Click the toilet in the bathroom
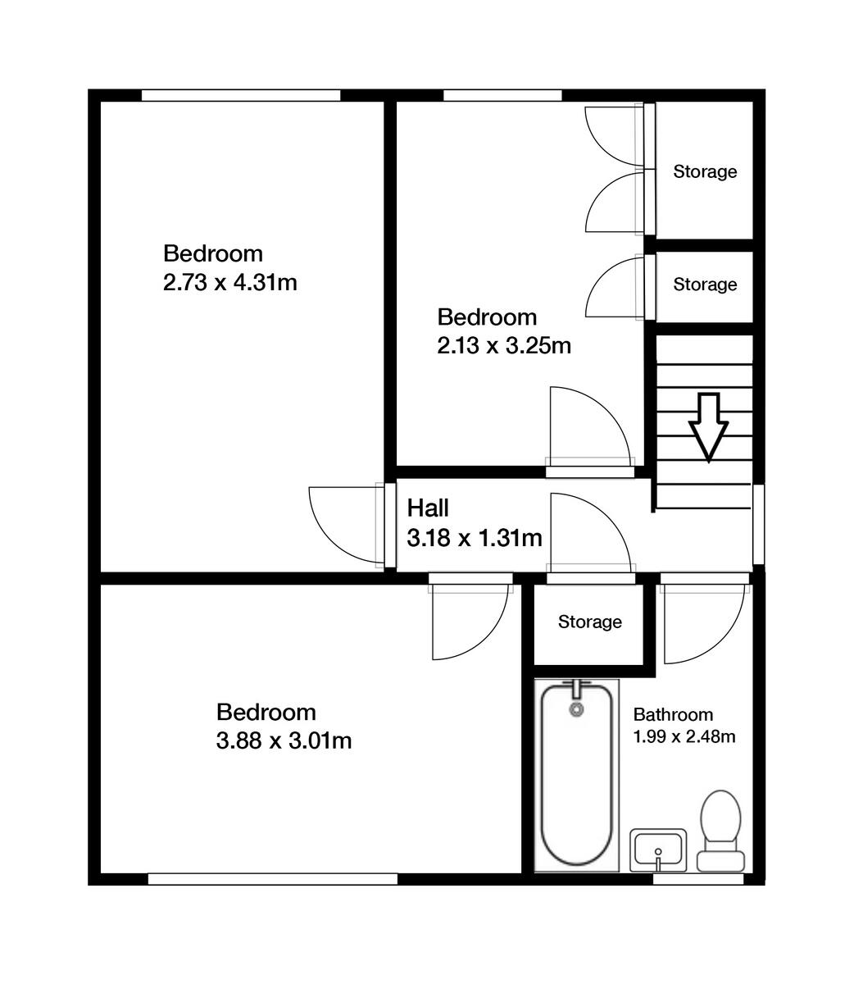[720, 828]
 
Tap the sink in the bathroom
[658, 850]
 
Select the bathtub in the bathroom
[576, 775]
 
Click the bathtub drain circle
[577, 708]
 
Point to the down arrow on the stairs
[707, 426]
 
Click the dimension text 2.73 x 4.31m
[229, 284]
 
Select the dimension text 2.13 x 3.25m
[503, 346]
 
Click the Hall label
[428, 508]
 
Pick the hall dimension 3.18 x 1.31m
[475, 538]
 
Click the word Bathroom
[673, 714]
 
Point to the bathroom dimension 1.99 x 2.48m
[684, 736]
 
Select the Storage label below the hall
[589, 622]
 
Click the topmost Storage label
[705, 172]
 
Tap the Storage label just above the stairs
[705, 285]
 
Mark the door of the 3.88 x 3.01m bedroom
[467, 619]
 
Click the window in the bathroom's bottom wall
[697, 879]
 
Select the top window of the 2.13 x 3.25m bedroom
[502, 96]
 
